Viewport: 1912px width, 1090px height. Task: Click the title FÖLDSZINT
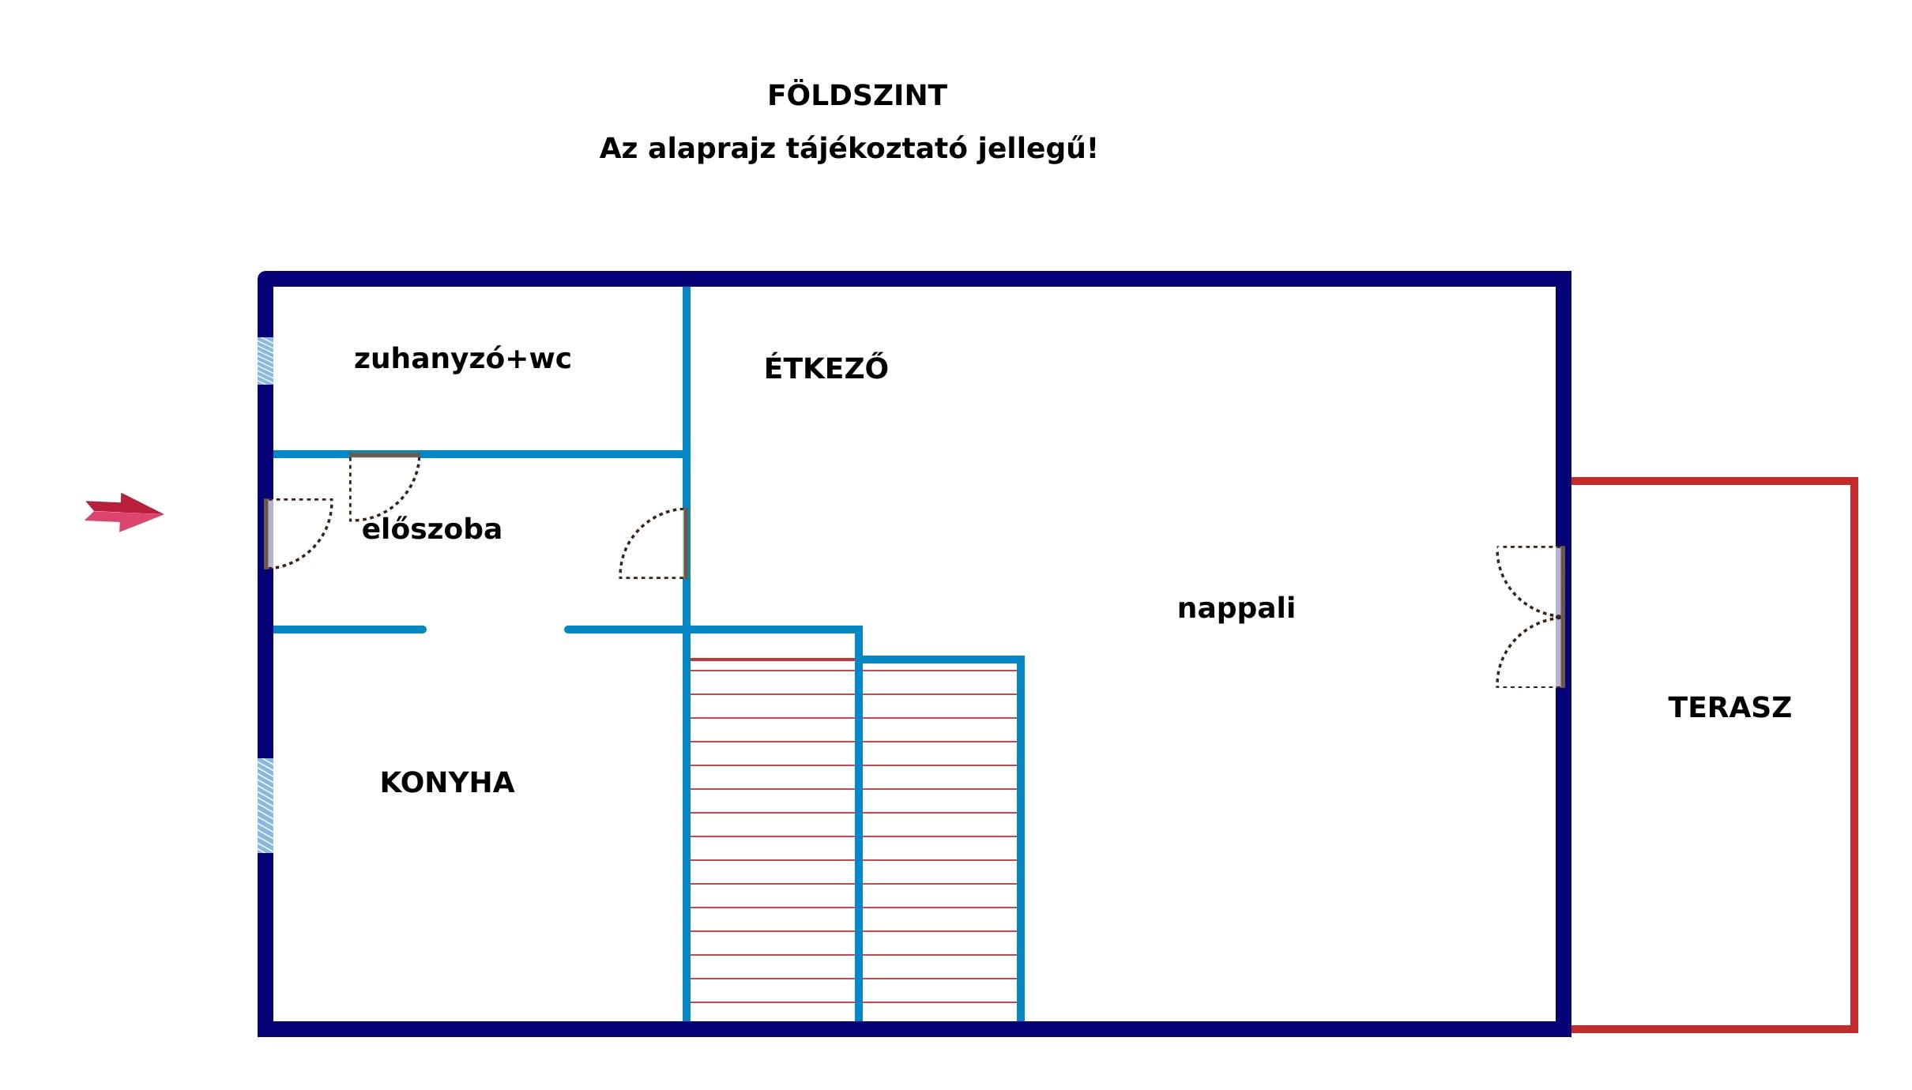pos(857,95)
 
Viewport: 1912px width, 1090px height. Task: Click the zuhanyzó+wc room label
pos(462,359)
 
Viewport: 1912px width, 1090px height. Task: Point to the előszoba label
pos(431,528)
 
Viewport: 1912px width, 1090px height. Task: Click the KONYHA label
pos(447,783)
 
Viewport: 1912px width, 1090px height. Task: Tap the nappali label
pos(1236,609)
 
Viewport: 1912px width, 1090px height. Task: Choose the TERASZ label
pos(1729,708)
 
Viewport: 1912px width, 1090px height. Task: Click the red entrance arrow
pos(124,513)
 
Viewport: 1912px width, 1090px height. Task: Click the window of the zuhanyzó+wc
pos(265,361)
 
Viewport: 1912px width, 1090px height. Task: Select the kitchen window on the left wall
pos(265,806)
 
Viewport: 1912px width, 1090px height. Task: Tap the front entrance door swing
pos(299,533)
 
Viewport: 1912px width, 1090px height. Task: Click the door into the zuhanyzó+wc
pos(385,487)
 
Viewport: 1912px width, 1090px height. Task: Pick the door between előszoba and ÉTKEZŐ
pos(653,543)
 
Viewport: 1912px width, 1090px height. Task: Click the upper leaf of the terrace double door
pos(1530,581)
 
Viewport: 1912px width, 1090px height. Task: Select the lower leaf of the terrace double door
pos(1530,652)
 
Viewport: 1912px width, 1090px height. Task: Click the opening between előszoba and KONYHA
pos(495,630)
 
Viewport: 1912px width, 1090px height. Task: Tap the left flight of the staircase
pos(773,840)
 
